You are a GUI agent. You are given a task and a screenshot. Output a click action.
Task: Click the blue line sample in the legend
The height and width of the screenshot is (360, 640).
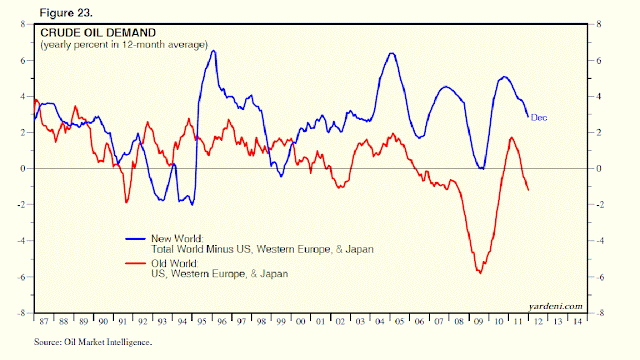point(136,239)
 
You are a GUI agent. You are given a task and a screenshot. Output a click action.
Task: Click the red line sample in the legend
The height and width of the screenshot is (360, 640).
point(136,263)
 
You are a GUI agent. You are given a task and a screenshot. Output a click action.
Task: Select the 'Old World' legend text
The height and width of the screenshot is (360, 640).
point(174,263)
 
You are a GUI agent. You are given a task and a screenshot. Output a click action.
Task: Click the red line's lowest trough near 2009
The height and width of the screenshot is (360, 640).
point(481,272)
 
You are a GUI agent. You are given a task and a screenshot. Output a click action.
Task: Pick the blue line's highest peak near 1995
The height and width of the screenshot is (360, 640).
point(214,51)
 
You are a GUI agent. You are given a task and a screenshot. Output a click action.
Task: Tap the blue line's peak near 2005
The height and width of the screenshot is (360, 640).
point(391,53)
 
